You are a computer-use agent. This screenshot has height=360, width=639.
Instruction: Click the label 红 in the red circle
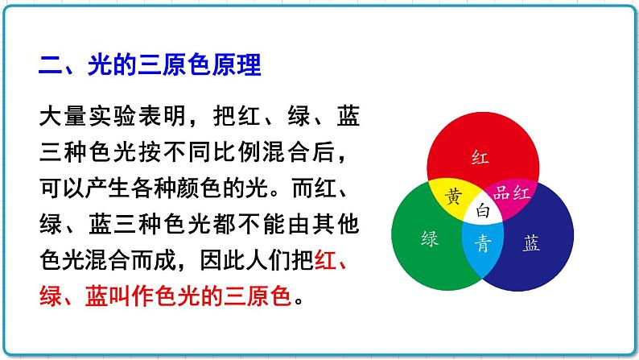pyautogui.click(x=480, y=155)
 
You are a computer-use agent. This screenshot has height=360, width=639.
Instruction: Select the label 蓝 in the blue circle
pyautogui.click(x=531, y=244)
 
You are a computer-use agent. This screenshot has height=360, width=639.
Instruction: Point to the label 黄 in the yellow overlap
pyautogui.click(x=454, y=196)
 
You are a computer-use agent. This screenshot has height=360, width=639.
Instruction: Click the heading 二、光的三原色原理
pyautogui.click(x=150, y=65)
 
